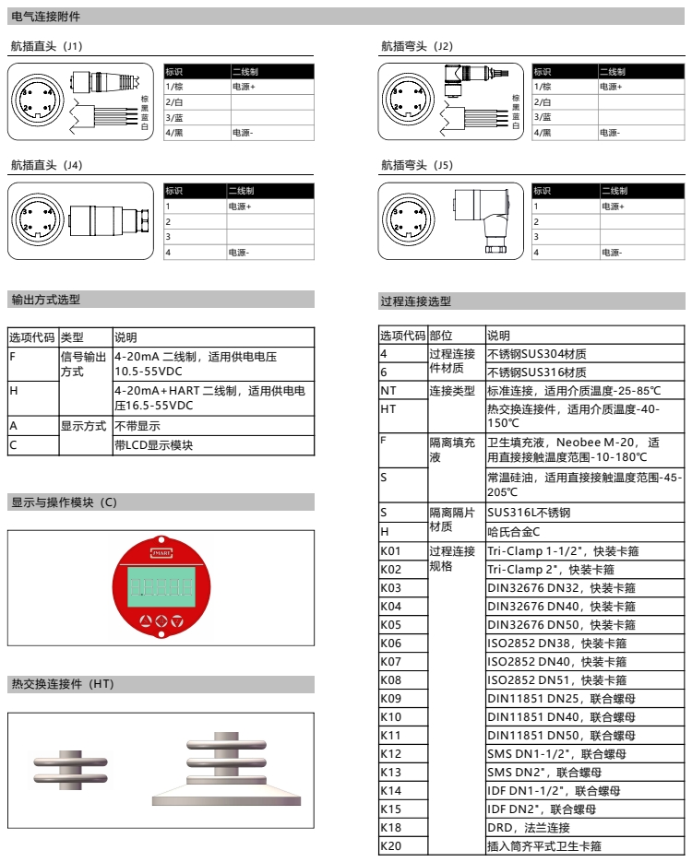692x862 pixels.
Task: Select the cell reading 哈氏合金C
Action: click(513, 532)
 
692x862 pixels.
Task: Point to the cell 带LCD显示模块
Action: click(154, 445)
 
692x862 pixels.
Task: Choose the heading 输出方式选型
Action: click(46, 300)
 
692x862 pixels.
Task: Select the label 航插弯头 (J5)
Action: click(417, 166)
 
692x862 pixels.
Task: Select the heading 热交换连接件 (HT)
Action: click(62, 684)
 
